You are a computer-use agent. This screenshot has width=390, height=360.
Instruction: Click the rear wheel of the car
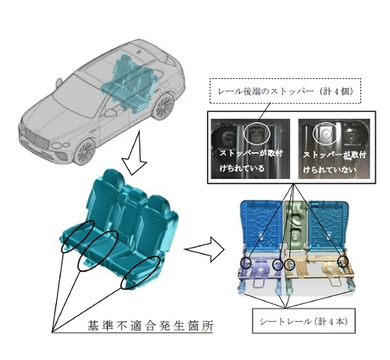pyautogui.click(x=163, y=107)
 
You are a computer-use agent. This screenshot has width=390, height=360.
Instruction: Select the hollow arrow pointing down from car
pyautogui.click(x=135, y=154)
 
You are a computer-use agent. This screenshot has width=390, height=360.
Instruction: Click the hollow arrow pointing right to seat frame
pyautogui.click(x=204, y=249)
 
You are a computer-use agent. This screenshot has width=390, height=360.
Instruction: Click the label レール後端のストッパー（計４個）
pyautogui.click(x=285, y=91)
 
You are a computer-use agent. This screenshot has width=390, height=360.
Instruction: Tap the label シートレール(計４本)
pyautogui.click(x=303, y=322)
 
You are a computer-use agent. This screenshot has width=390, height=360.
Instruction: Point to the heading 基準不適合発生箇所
pyautogui.click(x=151, y=326)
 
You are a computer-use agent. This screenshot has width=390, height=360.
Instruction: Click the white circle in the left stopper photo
pyautogui.click(x=258, y=133)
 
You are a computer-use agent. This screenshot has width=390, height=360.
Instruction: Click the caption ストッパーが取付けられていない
pyautogui.click(x=334, y=162)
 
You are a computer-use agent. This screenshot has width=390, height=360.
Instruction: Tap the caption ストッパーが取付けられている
pyautogui.click(x=251, y=161)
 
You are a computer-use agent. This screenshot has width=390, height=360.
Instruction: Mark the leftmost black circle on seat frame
pyautogui.click(x=246, y=262)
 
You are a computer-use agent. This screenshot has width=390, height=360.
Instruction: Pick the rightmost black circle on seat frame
pyautogui.click(x=343, y=262)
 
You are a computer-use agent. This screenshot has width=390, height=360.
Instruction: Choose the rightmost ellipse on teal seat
pyautogui.click(x=140, y=273)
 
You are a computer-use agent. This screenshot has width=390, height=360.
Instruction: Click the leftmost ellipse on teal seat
pyautogui.click(x=77, y=237)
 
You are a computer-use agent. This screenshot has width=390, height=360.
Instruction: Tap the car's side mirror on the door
pyautogui.click(x=111, y=112)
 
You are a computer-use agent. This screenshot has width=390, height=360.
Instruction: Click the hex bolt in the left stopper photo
pyautogui.click(x=227, y=137)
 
